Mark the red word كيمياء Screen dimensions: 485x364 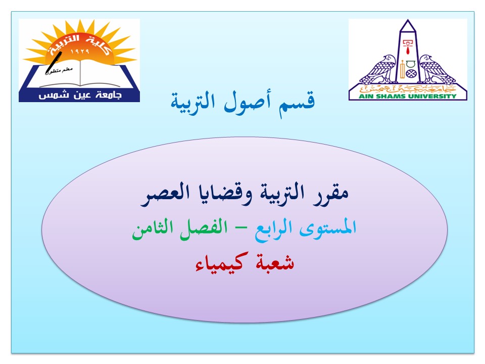[x=222, y=262]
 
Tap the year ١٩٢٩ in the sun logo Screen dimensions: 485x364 [x=80, y=51]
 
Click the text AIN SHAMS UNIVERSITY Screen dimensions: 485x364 [x=407, y=96]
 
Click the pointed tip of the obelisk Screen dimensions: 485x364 [x=408, y=20]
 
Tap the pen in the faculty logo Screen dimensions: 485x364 [x=54, y=63]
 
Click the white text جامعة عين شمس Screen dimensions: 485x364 [x=80, y=95]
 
